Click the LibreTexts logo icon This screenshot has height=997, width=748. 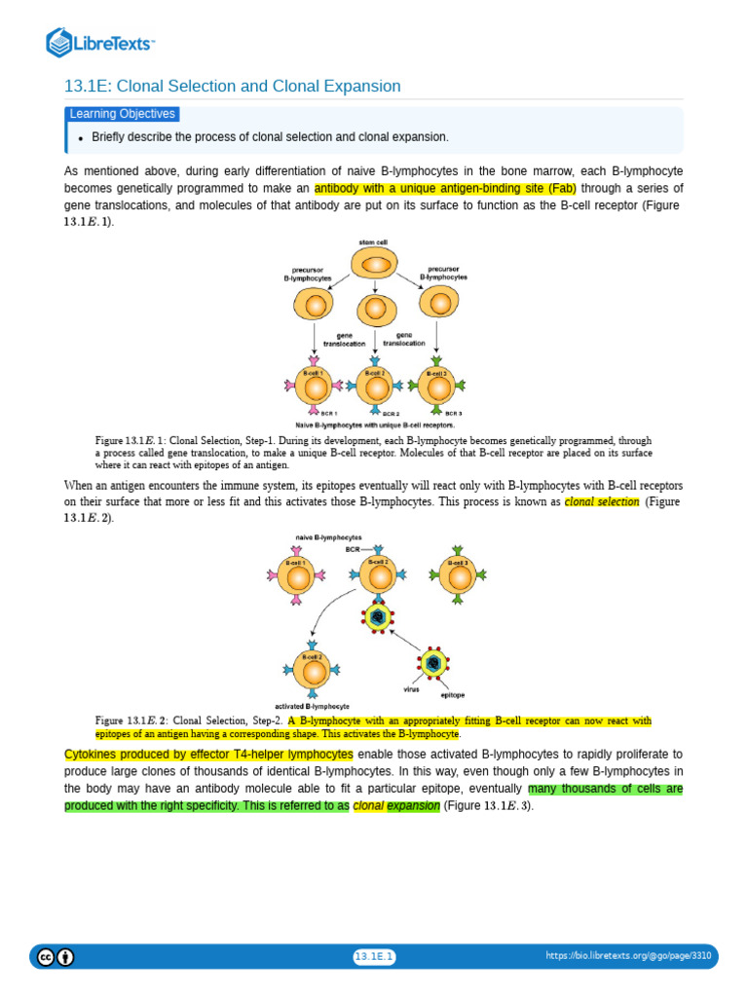click(x=60, y=42)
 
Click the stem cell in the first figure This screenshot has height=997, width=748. click(x=374, y=265)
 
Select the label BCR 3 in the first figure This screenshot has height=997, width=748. click(x=454, y=413)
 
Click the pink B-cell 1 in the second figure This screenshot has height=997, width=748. click(x=296, y=575)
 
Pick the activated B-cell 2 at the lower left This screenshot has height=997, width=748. click(x=313, y=670)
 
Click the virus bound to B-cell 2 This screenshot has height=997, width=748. click(x=377, y=615)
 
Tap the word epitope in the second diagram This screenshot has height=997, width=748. click(x=452, y=695)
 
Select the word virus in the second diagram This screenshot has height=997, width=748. click(x=411, y=688)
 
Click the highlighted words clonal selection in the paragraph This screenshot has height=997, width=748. click(x=602, y=502)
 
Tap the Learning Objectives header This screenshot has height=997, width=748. click(x=123, y=114)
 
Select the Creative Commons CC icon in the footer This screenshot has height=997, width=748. click(x=45, y=957)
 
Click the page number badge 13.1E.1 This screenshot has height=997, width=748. click(x=374, y=957)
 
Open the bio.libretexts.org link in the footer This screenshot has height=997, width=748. click(x=628, y=957)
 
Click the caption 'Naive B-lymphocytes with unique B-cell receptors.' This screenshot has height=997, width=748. click(x=375, y=425)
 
